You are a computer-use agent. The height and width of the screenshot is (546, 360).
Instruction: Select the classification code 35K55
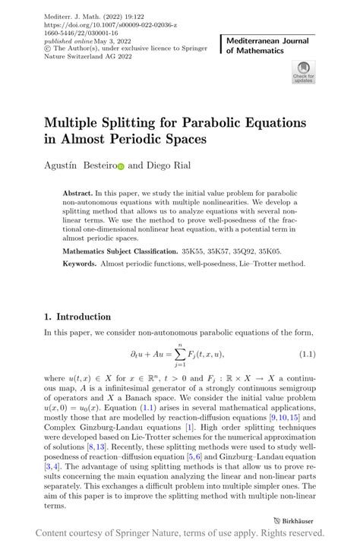click(191, 251)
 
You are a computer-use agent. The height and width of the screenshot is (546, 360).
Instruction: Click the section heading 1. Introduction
click(77, 317)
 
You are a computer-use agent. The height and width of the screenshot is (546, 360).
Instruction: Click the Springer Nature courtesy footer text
click(179, 533)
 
